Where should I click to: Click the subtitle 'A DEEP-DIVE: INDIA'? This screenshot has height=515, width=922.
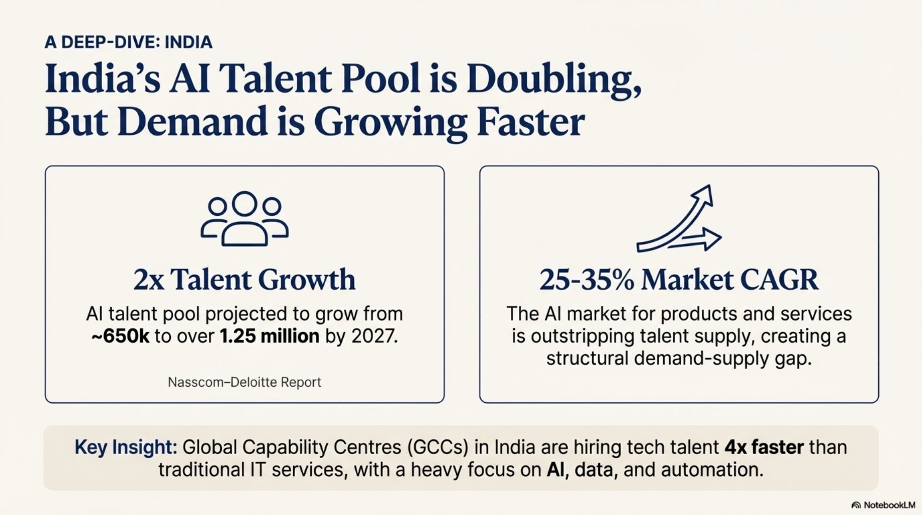pyautogui.click(x=128, y=42)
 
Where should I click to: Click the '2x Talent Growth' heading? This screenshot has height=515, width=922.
pyautogui.click(x=244, y=280)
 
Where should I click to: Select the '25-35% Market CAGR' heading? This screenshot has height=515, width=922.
pyautogui.click(x=679, y=280)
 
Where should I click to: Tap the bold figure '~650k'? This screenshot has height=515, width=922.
pyautogui.click(x=121, y=336)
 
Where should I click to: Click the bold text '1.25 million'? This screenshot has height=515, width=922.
pyautogui.click(x=269, y=336)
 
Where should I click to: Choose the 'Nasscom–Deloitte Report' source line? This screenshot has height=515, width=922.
pyautogui.click(x=244, y=382)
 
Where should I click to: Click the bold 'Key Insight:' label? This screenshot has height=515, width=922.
pyautogui.click(x=126, y=447)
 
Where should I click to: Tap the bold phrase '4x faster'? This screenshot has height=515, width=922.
pyautogui.click(x=764, y=447)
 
